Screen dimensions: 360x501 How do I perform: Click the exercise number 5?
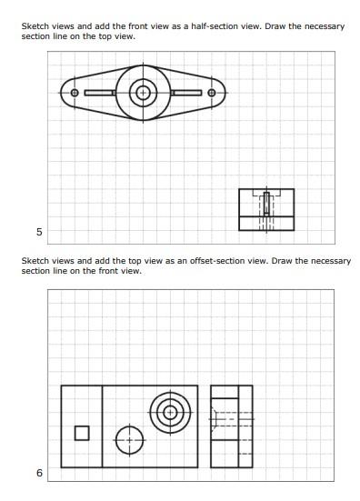click(x=39, y=232)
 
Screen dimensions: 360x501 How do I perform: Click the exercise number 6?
click(x=39, y=473)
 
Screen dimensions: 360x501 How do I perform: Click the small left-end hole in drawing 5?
click(x=75, y=93)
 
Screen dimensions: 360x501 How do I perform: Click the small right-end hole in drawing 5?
click(x=212, y=93)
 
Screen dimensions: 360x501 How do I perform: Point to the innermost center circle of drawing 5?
click(x=142, y=93)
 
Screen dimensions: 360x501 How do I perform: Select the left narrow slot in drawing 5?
click(x=99, y=93)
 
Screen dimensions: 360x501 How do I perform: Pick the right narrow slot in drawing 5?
click(x=186, y=93)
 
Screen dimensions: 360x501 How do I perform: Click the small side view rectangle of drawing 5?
click(x=266, y=210)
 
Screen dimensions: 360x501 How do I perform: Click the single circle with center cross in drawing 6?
click(x=130, y=440)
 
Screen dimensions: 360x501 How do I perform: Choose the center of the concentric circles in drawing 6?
click(x=169, y=415)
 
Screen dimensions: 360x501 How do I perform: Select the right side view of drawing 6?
click(x=232, y=426)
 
